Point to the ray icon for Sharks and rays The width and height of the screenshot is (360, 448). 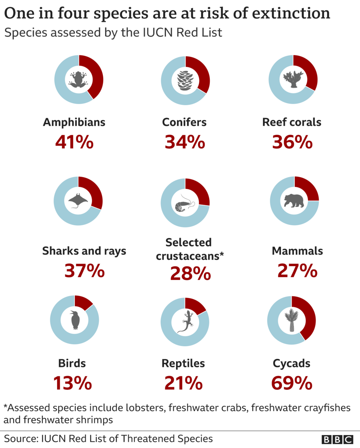tap(78, 201)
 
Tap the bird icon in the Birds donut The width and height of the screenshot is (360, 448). tap(75, 319)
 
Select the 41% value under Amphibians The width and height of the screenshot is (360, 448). tap(74, 142)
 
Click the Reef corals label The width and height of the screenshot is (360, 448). tap(291, 122)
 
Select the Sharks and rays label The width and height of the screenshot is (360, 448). tap(84, 251)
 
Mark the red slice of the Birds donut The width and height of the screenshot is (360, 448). tap(83, 302)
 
